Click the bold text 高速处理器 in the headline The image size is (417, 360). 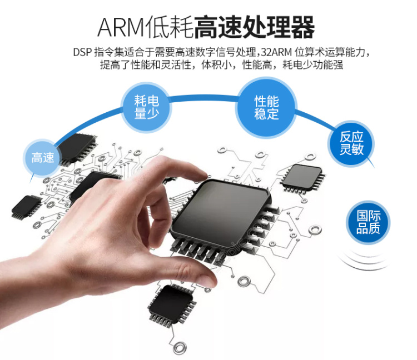tap(255, 27)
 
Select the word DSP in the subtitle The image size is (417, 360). tap(82, 52)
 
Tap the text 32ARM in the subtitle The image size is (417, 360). tap(276, 52)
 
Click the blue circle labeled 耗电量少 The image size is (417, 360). tap(146, 107)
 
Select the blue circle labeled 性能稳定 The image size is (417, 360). tap(266, 107)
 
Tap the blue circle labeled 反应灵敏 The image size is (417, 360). tap(351, 143)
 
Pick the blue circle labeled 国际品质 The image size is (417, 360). tap(368, 222)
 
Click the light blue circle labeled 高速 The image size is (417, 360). tap(43, 157)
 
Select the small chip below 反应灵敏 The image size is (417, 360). tap(302, 177)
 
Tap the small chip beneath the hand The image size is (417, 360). tap(172, 305)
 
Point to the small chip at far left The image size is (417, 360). tap(26, 207)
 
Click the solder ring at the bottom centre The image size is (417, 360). tap(180, 348)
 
